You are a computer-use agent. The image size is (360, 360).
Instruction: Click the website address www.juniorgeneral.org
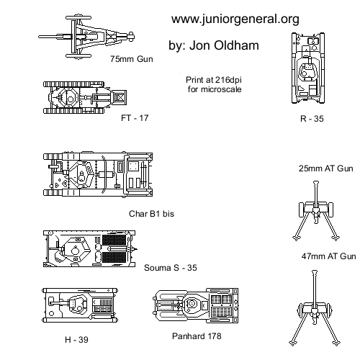pyautogui.click(x=235, y=19)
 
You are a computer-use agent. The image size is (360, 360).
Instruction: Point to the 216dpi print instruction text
pyautogui.click(x=214, y=84)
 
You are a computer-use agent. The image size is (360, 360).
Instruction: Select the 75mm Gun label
pyautogui.click(x=132, y=59)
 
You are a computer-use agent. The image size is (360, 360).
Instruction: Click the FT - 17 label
pyautogui.click(x=135, y=118)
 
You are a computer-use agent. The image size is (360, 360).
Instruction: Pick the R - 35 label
pyautogui.click(x=312, y=119)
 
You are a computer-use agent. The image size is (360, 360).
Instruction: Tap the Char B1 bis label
pyautogui.click(x=151, y=214)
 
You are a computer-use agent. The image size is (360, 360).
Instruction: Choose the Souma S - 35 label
pyautogui.click(x=171, y=268)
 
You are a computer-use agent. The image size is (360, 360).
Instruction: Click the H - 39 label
pyautogui.click(x=76, y=340)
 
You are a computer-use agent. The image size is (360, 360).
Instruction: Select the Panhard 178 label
pyautogui.click(x=197, y=336)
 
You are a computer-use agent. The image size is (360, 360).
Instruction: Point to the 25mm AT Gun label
pyautogui.click(x=325, y=168)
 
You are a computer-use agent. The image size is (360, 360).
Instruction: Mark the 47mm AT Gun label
pyautogui.click(x=328, y=256)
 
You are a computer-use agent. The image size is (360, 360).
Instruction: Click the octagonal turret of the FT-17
pyautogui.click(x=68, y=97)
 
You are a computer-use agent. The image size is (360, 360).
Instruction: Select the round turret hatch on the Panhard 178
pyautogui.click(x=192, y=304)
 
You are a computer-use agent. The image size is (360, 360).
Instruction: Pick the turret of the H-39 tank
pyautogui.click(x=78, y=305)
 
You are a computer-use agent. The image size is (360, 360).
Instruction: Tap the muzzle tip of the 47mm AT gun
pyautogui.click(x=314, y=271)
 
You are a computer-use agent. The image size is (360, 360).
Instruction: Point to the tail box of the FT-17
pyautogui.click(x=119, y=97)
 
